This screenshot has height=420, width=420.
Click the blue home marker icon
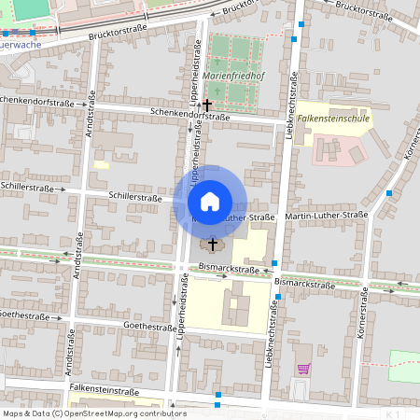point(210,201)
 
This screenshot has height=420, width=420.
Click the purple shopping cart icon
point(302,370)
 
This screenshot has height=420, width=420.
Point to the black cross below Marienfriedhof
point(207,105)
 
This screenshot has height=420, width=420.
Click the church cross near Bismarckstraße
point(213,244)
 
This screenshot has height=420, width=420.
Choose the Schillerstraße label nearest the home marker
point(136,197)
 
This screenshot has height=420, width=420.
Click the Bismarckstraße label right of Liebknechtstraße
point(304,281)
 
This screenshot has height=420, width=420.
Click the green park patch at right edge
point(404,364)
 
